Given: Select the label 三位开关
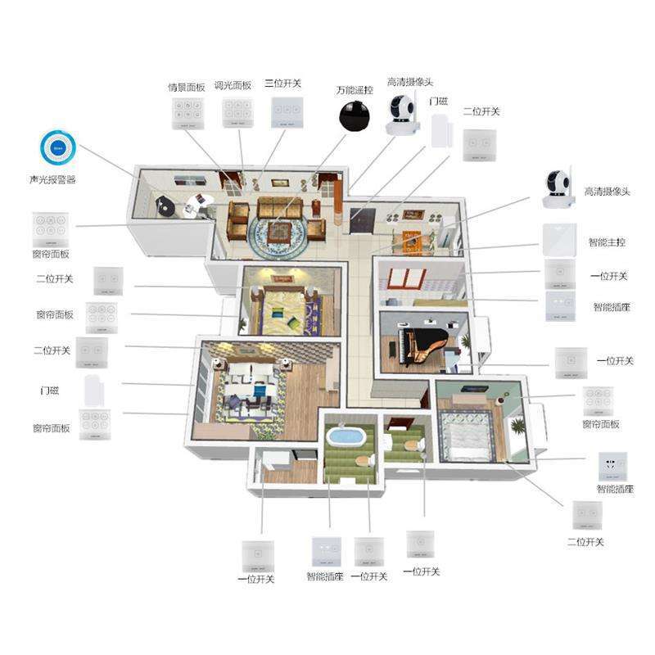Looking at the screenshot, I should point(282,84).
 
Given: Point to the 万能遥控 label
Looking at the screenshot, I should point(354,90).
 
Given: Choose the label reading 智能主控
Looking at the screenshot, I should point(607,242).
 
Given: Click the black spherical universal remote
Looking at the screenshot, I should point(355,116).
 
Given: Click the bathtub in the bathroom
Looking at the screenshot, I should point(346,435).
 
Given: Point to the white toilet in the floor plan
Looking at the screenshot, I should point(412,445).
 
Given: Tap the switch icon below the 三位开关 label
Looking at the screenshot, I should point(287,112).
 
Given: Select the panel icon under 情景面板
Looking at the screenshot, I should point(188,114).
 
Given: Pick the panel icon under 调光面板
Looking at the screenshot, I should point(237,114).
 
